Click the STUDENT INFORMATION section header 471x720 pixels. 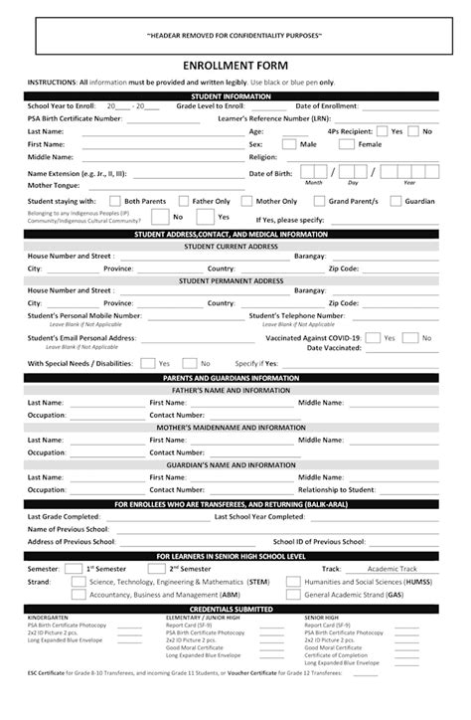(235, 95)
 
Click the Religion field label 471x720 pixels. (263, 157)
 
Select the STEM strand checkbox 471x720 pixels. (78, 581)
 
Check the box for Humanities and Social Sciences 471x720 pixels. (295, 581)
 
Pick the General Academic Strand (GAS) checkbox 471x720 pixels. (295, 594)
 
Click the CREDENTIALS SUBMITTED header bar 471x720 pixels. (235, 608)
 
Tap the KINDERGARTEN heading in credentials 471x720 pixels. (50, 618)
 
